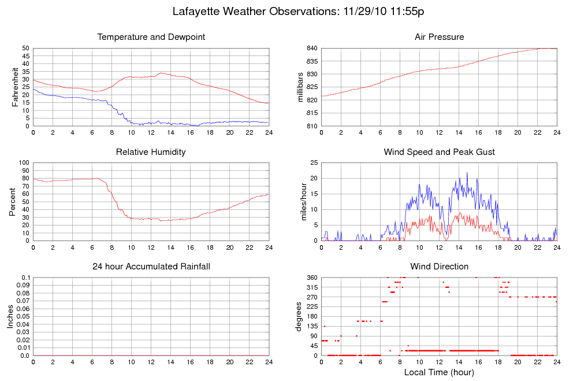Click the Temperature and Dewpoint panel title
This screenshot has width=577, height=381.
pos(151,37)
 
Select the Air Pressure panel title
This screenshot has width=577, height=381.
pos(439,37)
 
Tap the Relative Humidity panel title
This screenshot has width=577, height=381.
pos(151,152)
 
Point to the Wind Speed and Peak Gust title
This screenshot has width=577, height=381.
pos(439,152)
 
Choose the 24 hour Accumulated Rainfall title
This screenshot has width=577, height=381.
pos(151,267)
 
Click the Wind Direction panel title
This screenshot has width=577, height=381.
pos(439,267)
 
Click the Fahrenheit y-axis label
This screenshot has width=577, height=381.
pos(15,87)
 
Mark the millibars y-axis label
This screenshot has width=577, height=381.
pos(301,87)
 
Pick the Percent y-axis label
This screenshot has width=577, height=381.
pos(13,201)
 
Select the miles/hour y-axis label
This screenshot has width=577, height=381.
pos(301,201)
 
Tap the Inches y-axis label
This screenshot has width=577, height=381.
pos(10,316)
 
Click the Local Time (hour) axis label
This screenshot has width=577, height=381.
pos(439,372)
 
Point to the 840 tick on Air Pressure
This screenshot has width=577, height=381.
pos(311,48)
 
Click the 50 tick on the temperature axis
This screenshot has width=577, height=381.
pos(25,48)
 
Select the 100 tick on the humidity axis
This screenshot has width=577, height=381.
pos(23,162)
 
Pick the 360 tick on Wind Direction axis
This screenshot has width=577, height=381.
pos(311,278)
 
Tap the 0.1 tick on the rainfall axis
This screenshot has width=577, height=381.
pos(25,278)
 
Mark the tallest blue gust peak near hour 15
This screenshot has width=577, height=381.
pos(467,172)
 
